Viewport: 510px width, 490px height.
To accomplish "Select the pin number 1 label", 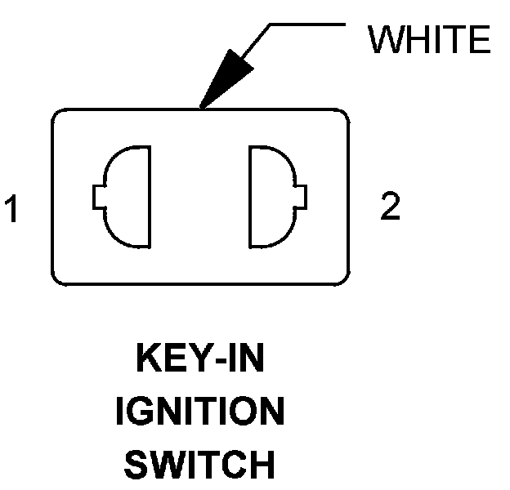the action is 11,209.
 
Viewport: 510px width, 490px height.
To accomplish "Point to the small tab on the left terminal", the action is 98,198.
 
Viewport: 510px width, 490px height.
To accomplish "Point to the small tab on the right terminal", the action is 303,197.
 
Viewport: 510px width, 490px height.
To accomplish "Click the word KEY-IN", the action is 199,360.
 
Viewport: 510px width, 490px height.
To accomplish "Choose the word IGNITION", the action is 199,413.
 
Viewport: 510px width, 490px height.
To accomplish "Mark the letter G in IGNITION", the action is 143,413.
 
